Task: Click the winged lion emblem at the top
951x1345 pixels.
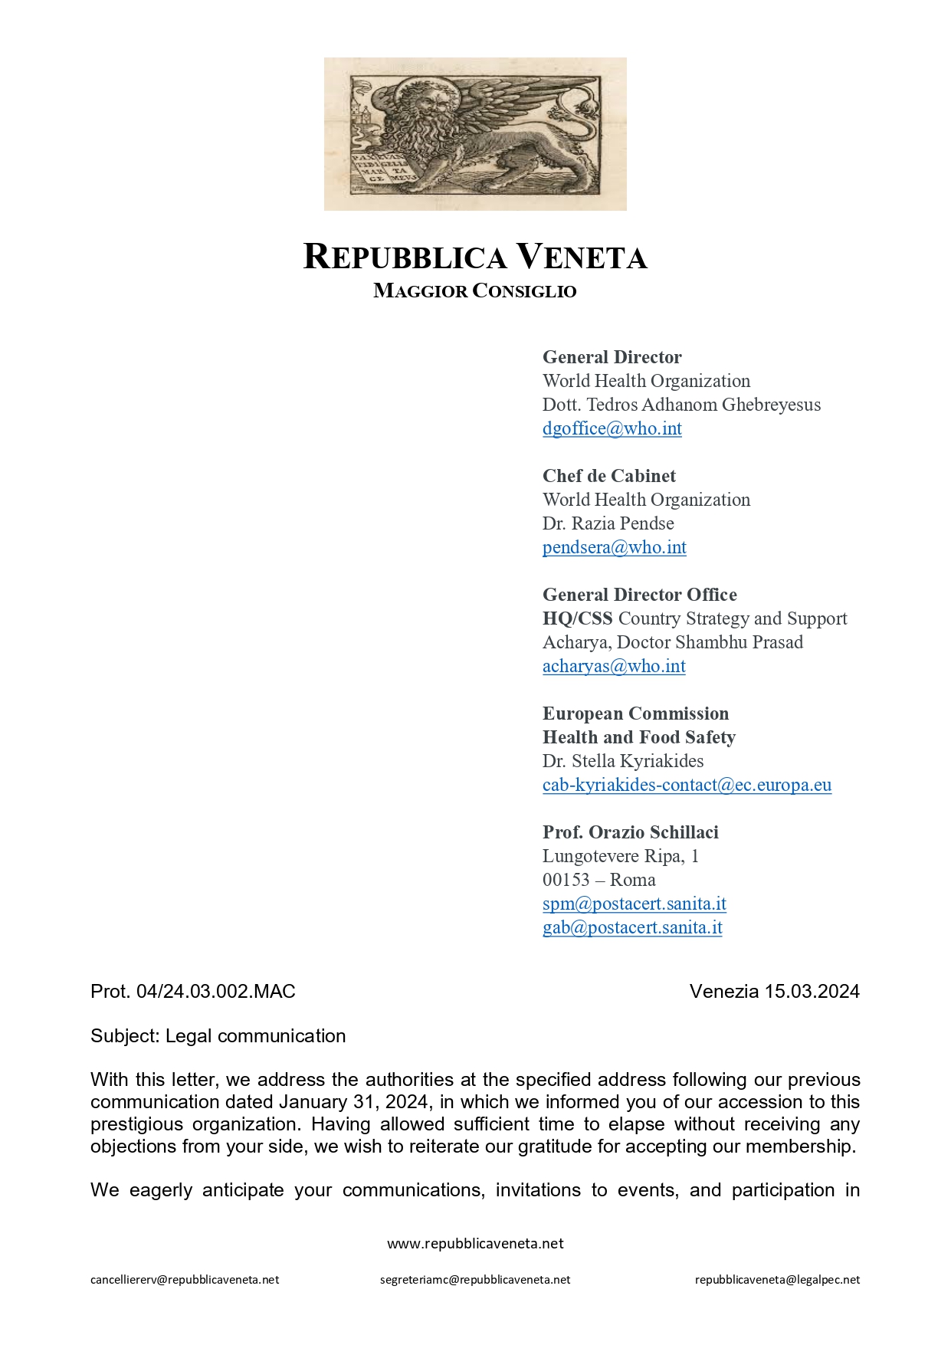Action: tap(475, 134)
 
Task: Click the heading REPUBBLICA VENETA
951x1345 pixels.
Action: tap(475, 257)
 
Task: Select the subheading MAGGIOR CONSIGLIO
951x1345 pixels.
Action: tap(475, 291)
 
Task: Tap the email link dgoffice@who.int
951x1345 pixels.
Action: tap(612, 428)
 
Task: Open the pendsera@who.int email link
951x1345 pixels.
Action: tap(614, 547)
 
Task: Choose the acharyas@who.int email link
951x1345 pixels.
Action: tap(614, 666)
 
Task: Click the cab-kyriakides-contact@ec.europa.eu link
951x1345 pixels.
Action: tap(687, 785)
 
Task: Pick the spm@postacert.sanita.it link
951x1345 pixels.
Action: tap(634, 904)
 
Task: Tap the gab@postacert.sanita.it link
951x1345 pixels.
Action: tap(632, 927)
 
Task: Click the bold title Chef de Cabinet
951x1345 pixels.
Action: tap(609, 476)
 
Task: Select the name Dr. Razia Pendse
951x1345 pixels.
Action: tap(608, 523)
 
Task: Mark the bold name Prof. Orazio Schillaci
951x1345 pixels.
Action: tap(630, 832)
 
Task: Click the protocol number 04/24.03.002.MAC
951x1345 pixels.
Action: tap(215, 992)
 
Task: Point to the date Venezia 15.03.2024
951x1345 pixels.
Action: tap(774, 992)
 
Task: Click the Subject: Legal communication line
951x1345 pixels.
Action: tap(218, 1036)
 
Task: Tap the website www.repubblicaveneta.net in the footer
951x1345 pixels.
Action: tap(475, 1244)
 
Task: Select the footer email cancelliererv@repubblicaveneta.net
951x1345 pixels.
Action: tap(185, 1280)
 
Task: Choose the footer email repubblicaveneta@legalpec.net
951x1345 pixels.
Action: tap(777, 1280)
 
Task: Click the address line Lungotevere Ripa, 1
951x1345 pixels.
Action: tap(620, 856)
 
